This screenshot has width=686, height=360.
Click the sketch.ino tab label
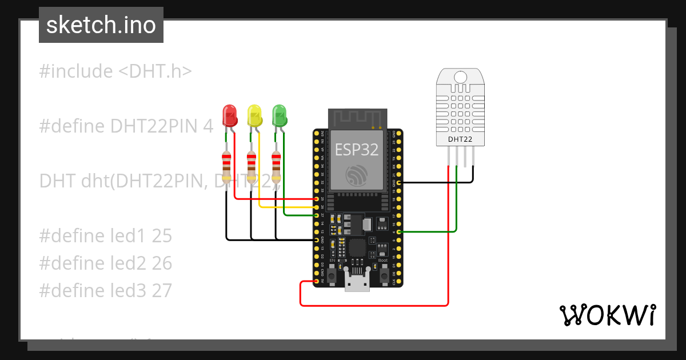101,25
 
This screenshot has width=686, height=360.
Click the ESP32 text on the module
357,149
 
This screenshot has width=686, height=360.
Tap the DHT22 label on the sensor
460,139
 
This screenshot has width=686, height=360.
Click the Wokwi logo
607,315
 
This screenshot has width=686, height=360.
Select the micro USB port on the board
357,282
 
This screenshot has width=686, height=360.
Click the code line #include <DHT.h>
115,71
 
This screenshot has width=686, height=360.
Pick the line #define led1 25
105,236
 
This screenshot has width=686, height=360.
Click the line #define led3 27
105,290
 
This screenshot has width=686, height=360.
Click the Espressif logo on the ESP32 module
357,175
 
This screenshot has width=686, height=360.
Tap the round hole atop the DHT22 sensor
460,77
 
